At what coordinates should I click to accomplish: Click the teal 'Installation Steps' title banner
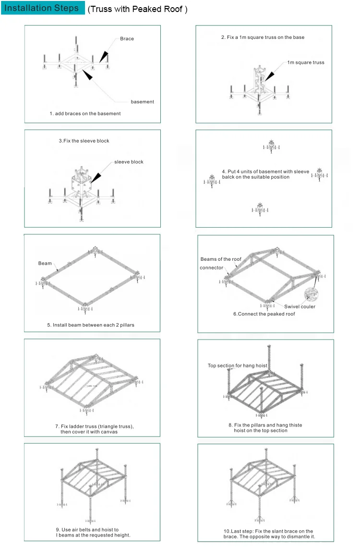[42, 8]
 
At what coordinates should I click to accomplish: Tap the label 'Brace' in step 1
[127, 38]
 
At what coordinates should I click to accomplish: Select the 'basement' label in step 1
[142, 102]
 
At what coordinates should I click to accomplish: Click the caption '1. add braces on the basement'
[85, 114]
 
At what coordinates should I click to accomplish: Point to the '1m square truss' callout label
[306, 62]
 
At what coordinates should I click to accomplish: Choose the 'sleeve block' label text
[129, 162]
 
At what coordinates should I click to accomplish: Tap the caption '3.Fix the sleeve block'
[84, 141]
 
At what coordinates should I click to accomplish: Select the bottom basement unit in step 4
[260, 208]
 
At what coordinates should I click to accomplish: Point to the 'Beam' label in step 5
[45, 264]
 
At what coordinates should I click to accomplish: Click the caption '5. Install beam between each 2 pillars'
[91, 325]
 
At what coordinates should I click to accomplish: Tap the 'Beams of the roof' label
[221, 259]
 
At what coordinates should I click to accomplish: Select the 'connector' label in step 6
[211, 267]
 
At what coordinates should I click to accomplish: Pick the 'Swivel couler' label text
[300, 306]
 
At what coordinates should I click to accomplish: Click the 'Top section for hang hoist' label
[237, 365]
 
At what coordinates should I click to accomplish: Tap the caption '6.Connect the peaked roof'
[264, 314]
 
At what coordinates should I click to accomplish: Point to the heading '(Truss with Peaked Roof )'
[137, 9]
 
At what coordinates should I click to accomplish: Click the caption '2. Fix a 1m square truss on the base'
[263, 37]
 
